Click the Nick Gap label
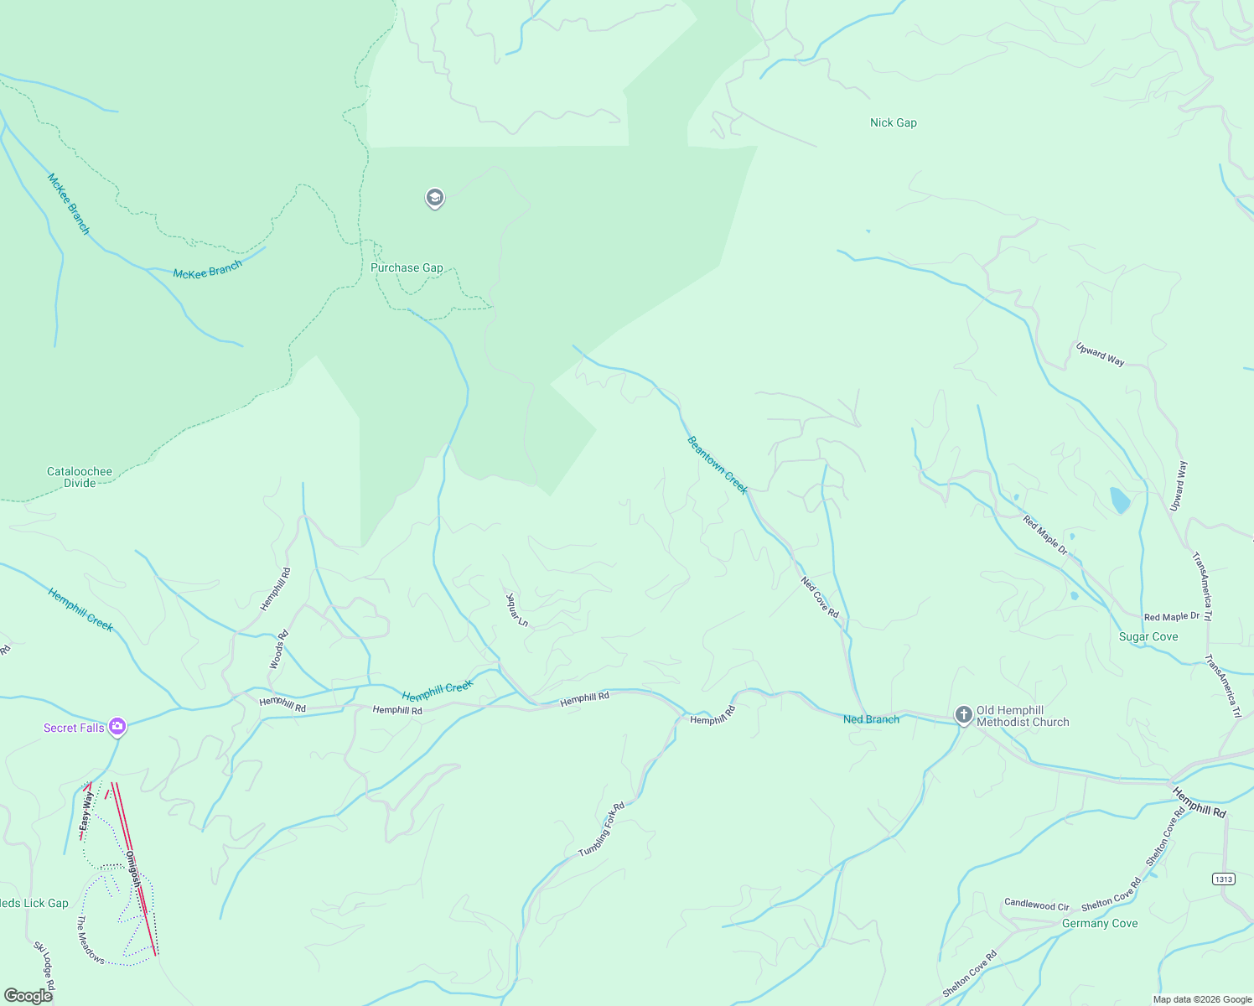point(893,122)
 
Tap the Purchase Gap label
point(407,268)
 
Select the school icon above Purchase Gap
point(434,198)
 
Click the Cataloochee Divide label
point(80,477)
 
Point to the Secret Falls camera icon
point(117,727)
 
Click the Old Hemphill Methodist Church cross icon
point(964,715)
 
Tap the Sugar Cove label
point(1148,637)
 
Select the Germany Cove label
point(1100,924)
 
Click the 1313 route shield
point(1223,879)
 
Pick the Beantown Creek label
point(717,465)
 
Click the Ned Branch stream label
point(871,719)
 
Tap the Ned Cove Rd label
point(820,597)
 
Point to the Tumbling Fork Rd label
point(602,830)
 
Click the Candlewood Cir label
point(1037,905)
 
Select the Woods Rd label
point(278,650)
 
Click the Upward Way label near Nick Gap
point(1100,355)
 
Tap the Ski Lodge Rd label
point(44,965)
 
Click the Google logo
point(28,996)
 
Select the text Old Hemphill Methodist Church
point(1023,716)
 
